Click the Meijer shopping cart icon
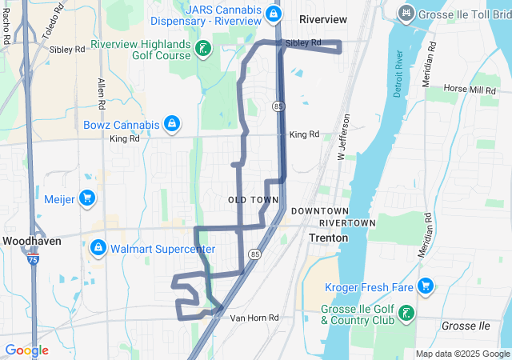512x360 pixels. (x=88, y=198)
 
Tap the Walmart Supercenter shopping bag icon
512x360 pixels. (x=98, y=248)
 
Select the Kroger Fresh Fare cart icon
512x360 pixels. (x=425, y=286)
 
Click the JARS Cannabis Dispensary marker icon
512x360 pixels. (x=274, y=14)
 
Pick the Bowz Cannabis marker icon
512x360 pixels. (x=171, y=124)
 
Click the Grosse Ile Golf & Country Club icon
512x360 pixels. (x=407, y=313)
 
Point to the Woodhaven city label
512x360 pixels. (x=27, y=240)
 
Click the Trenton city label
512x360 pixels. (x=328, y=238)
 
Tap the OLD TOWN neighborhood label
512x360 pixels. (x=253, y=199)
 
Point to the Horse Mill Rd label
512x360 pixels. (x=470, y=89)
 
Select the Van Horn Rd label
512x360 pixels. (x=254, y=318)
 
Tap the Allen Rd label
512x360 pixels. (x=101, y=94)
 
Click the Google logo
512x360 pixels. (x=26, y=350)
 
